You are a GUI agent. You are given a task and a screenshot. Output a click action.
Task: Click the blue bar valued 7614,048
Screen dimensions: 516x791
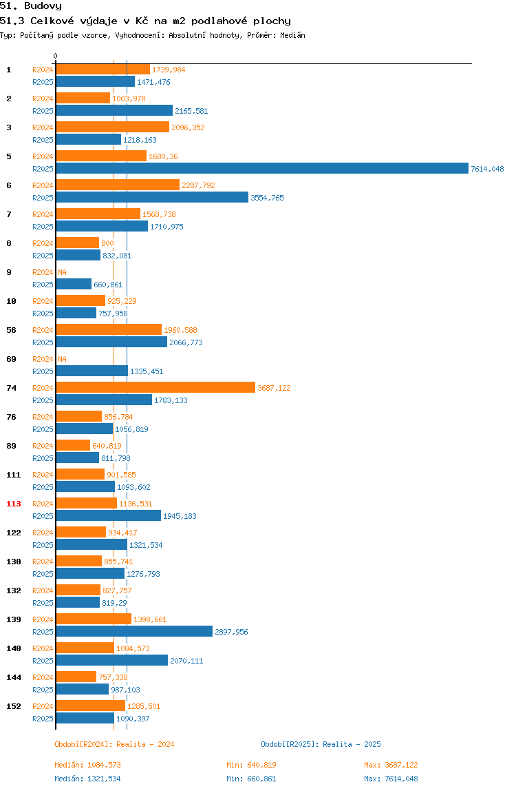(262, 169)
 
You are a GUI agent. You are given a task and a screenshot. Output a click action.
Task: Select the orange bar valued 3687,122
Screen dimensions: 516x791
(155, 387)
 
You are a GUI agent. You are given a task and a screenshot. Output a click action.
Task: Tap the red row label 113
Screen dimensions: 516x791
(14, 504)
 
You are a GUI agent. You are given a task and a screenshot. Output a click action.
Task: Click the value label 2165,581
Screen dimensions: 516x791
(191, 111)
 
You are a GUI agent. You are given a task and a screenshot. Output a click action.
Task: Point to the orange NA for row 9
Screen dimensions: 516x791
(62, 272)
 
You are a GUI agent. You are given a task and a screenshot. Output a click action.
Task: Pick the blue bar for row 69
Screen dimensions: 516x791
(92, 371)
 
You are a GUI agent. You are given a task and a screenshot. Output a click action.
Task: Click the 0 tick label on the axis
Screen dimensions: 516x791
(56, 56)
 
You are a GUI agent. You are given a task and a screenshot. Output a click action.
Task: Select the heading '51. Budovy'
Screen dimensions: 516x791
(31, 6)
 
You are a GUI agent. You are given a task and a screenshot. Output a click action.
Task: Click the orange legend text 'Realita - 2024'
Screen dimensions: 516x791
(145, 744)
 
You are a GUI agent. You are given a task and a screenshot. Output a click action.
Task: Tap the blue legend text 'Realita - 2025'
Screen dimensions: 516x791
(352, 744)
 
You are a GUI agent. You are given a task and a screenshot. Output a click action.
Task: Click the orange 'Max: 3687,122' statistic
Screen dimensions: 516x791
(391, 765)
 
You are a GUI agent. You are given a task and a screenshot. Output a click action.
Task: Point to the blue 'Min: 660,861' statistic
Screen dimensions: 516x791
(251, 779)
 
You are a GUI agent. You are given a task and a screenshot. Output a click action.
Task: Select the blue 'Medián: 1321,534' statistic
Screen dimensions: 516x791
(87, 779)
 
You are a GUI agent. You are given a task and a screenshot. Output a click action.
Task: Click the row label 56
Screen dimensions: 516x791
(11, 330)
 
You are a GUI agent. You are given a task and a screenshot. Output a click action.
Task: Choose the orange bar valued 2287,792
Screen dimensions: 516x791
(118, 185)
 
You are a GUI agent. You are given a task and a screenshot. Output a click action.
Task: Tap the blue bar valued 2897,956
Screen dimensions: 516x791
(134, 631)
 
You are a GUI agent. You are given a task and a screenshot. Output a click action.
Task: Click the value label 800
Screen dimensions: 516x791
(107, 243)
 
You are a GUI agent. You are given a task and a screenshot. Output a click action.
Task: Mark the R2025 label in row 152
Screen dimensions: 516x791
(43, 719)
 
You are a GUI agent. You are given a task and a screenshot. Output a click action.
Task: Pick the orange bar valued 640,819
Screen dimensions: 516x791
(73, 445)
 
